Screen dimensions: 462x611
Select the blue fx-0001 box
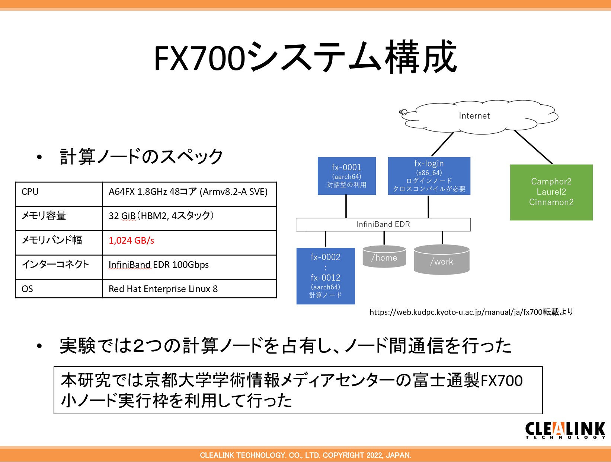click(346, 175)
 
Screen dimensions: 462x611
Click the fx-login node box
click(429, 175)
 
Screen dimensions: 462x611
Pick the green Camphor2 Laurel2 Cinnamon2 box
click(551, 192)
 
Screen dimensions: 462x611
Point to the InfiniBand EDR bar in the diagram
click(383, 224)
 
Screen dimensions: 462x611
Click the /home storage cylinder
click(384, 257)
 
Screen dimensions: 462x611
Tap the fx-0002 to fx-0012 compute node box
click(326, 276)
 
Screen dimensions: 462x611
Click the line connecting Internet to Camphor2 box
click(533, 147)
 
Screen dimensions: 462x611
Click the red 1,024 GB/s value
click(131, 241)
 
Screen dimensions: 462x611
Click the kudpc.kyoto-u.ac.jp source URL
click(471, 312)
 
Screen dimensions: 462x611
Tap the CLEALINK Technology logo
click(565, 430)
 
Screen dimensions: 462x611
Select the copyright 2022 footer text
click(305, 455)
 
